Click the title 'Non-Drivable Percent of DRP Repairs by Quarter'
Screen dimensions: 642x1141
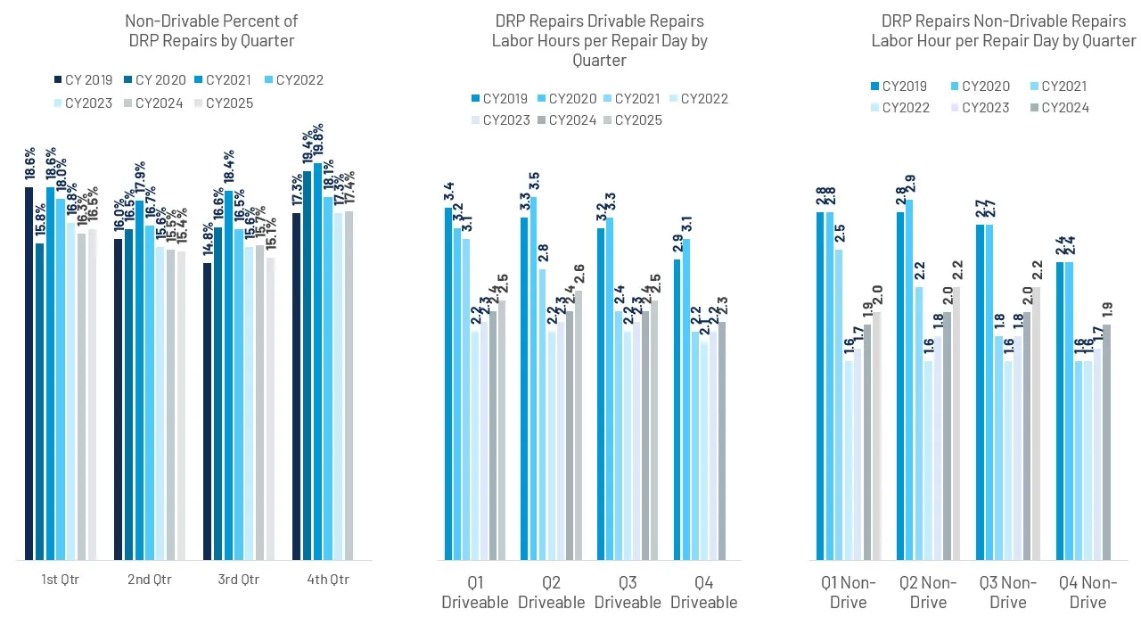[211, 30]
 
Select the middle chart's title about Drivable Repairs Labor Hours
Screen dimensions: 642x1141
[598, 40]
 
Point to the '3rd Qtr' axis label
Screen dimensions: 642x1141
[239, 580]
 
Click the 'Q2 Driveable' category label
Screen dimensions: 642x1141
[551, 592]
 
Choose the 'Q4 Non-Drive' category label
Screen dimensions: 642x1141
[1088, 592]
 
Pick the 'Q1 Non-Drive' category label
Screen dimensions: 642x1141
[849, 592]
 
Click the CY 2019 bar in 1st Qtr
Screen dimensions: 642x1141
[29, 374]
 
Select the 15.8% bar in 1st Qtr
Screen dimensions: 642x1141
[40, 401]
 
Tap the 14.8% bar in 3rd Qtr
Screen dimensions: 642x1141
[208, 411]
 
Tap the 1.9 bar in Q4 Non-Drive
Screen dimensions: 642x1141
[1107, 442]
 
